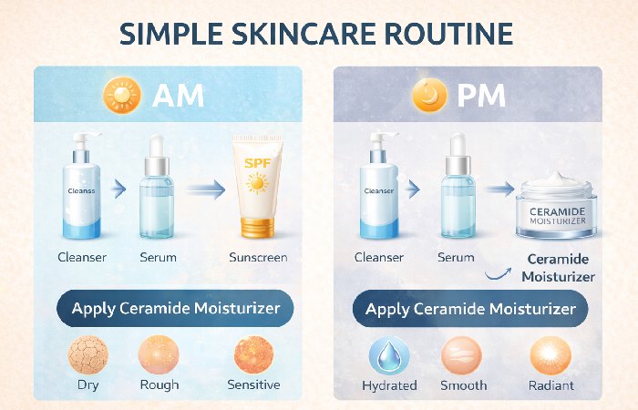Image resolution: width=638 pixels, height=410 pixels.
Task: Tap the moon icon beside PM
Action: (429, 94)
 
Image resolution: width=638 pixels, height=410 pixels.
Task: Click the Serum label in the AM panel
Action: (159, 258)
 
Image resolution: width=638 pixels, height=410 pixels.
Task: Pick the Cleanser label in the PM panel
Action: (378, 258)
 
